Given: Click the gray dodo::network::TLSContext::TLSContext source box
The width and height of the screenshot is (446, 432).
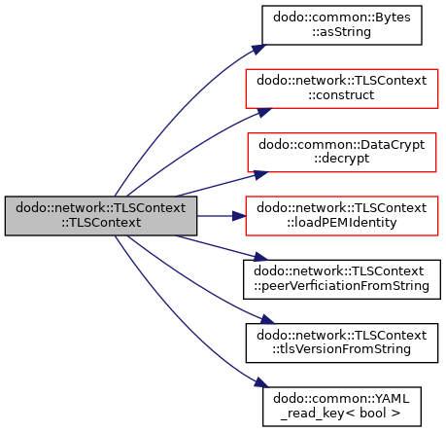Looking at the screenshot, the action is click(x=101, y=216).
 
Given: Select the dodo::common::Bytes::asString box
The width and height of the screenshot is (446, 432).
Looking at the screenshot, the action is click(x=342, y=25).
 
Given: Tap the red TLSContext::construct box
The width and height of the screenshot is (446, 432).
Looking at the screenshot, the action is click(x=342, y=89).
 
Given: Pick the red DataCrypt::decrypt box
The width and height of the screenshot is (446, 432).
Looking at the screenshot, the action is click(x=342, y=152).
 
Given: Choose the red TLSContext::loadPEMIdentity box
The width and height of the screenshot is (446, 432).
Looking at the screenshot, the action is click(x=342, y=216).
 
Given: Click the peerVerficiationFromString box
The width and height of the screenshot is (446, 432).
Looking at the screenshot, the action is click(x=342, y=279).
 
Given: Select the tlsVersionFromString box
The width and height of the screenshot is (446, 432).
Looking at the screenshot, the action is click(x=342, y=342).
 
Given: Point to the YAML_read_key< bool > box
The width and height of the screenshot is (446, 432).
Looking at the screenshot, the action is click(x=342, y=407).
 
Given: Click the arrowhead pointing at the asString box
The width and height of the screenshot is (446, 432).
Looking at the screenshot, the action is click(x=259, y=49).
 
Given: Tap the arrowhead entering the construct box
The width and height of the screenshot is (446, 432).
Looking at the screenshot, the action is click(x=264, y=112).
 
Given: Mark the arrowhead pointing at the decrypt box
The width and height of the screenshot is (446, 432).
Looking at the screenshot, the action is click(x=260, y=174).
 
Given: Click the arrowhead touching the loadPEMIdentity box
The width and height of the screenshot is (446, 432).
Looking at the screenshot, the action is click(x=239, y=216).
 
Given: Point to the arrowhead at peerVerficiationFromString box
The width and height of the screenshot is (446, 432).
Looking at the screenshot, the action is click(x=260, y=257).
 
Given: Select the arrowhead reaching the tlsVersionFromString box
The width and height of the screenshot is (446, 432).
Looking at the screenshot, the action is click(x=267, y=319).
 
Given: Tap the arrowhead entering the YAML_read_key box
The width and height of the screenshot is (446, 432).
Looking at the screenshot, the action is click(x=261, y=382).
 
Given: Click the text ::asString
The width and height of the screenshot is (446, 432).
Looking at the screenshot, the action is click(x=342, y=32).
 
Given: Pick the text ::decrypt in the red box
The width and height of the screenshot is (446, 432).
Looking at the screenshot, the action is click(x=342, y=159).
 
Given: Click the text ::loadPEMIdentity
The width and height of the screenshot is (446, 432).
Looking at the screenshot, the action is click(x=342, y=223).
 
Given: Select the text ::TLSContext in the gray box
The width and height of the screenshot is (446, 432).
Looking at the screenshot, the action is click(x=101, y=223).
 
